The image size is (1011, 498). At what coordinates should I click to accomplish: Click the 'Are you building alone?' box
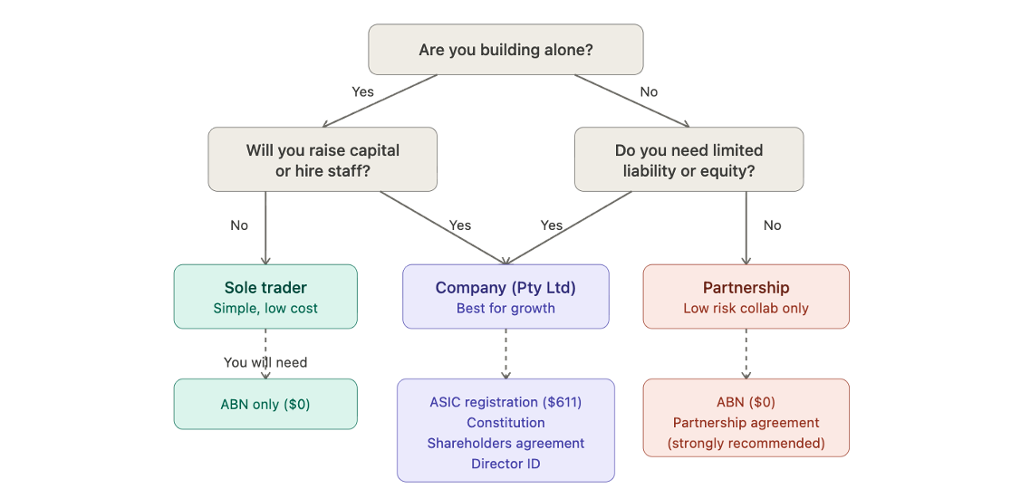click(x=505, y=50)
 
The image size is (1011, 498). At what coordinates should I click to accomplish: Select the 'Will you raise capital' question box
click(x=323, y=159)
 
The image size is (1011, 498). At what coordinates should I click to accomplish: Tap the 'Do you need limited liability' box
click(x=688, y=159)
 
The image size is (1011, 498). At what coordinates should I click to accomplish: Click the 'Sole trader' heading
click(x=265, y=287)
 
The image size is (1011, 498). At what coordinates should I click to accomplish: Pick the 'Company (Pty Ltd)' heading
click(x=505, y=287)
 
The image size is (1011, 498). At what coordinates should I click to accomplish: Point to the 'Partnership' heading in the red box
click(x=746, y=287)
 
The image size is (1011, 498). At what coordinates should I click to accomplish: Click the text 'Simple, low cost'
click(x=265, y=308)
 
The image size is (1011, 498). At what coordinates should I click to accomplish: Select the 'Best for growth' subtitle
click(x=505, y=308)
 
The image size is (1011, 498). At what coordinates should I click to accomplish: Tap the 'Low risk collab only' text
click(x=746, y=308)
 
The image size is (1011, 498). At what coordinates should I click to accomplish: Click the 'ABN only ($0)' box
click(x=265, y=405)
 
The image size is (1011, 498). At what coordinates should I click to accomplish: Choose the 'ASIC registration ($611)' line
click(x=505, y=402)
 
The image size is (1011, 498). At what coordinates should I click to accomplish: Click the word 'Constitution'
click(x=505, y=423)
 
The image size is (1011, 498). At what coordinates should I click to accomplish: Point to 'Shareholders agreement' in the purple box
click(x=505, y=444)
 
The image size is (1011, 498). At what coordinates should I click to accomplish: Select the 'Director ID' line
click(x=505, y=464)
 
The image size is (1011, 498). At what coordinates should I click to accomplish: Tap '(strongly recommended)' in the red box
click(x=746, y=444)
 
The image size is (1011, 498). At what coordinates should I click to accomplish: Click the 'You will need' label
click(x=265, y=362)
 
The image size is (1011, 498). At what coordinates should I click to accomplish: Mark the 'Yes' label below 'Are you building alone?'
click(x=362, y=91)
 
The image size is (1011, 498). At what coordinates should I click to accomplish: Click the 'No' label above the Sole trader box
click(x=239, y=225)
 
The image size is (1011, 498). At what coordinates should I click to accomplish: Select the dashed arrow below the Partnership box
click(x=746, y=354)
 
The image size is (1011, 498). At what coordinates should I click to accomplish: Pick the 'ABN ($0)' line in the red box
click(x=746, y=402)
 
